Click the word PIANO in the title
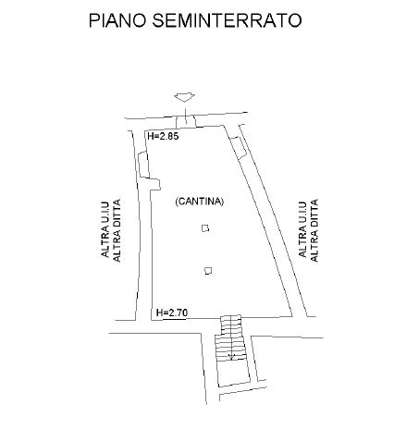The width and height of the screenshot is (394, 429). click(117, 20)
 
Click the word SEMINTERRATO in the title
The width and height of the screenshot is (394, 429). click(227, 20)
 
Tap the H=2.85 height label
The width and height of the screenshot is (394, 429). click(163, 136)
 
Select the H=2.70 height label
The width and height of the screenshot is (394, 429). click(172, 313)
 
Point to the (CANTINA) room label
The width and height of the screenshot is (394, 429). click(199, 202)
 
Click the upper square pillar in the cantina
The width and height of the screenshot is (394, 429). click(205, 228)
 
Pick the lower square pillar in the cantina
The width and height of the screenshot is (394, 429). click(208, 271)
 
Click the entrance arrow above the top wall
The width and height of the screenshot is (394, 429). click(184, 98)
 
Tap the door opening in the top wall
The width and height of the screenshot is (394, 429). click(186, 121)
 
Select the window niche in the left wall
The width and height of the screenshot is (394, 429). click(143, 165)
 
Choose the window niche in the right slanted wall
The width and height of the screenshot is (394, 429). click(239, 148)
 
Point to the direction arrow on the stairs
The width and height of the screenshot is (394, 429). click(231, 357)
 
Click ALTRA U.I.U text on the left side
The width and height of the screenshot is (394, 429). click(105, 229)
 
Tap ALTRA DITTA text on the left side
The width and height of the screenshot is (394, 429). click(117, 230)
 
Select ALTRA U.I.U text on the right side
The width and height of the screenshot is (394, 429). click(302, 229)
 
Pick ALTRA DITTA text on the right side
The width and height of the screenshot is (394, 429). click(314, 230)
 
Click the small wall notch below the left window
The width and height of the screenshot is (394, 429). click(155, 184)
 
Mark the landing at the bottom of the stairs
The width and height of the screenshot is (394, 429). click(233, 373)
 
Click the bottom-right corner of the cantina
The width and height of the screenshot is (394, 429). click(292, 316)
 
